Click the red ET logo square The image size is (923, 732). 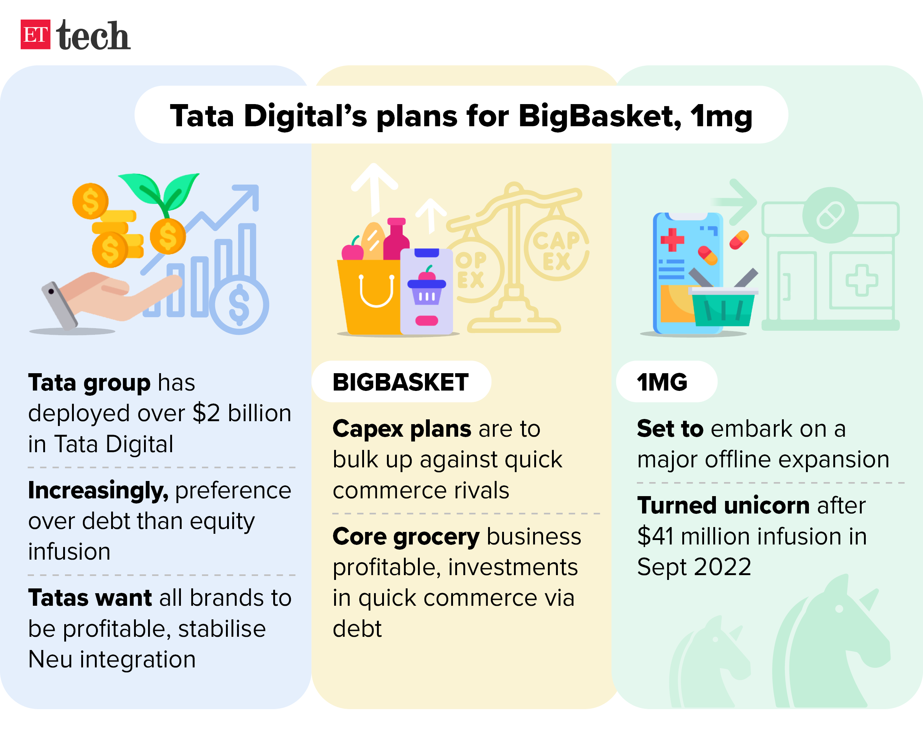[35, 35]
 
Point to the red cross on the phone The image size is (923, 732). [672, 240]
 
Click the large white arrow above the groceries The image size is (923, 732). [374, 188]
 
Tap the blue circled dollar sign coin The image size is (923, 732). [239, 305]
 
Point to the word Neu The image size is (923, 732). [50, 660]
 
